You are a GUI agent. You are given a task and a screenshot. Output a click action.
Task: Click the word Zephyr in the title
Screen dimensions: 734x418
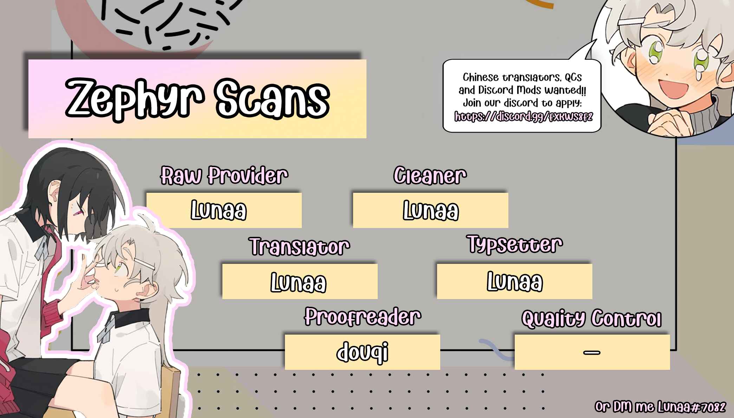[135, 99]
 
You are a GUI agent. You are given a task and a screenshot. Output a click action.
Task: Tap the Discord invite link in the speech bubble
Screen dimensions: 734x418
[523, 116]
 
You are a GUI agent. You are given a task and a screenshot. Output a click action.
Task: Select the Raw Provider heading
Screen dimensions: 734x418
[224, 175]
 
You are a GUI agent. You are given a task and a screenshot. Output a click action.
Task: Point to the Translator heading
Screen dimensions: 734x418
[299, 246]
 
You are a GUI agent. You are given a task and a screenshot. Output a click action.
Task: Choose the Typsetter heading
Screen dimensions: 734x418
[515, 244]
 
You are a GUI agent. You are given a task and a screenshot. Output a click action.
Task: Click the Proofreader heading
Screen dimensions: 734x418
[362, 317]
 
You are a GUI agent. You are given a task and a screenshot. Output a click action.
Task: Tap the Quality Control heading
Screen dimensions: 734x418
[591, 319]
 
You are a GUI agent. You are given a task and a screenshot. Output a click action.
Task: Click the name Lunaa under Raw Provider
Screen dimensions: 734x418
[219, 210]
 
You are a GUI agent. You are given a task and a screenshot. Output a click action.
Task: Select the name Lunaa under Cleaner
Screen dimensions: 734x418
[431, 211]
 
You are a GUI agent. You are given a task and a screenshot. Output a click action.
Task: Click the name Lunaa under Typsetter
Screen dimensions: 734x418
[515, 281]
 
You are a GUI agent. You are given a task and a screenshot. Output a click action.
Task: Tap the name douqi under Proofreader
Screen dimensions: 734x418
[363, 352]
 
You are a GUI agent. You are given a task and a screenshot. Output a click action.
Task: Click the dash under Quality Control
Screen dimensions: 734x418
[592, 352]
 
